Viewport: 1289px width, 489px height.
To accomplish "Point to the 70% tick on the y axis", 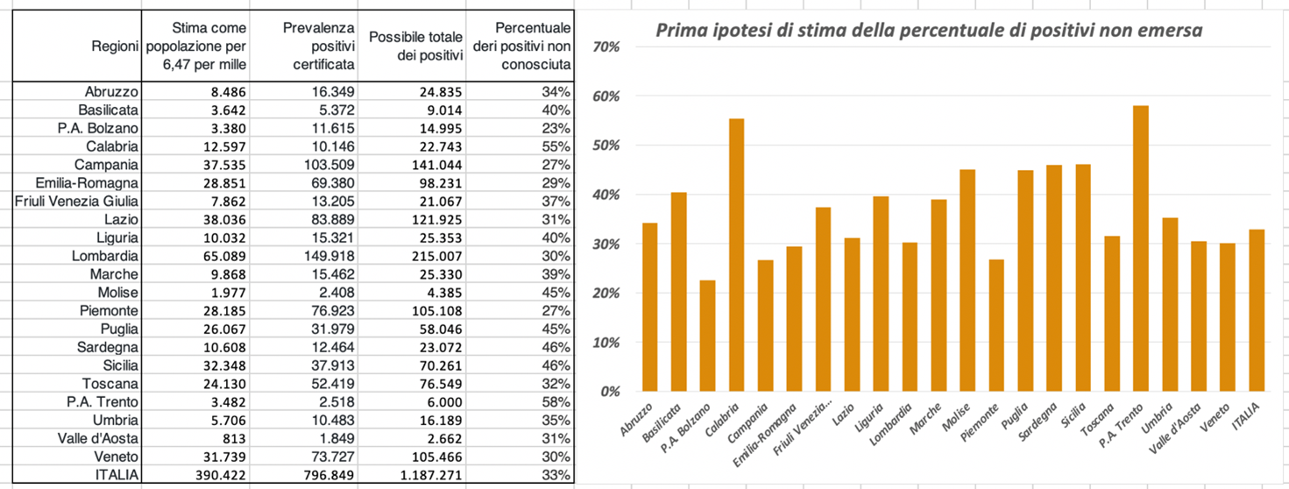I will coord(606,46).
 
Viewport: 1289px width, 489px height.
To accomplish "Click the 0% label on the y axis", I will coord(610,391).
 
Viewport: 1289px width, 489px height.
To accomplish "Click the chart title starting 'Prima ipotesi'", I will coord(929,31).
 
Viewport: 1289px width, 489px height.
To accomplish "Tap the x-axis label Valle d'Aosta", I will coord(1188,423).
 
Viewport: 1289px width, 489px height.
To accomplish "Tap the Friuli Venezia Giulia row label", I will coord(77,202).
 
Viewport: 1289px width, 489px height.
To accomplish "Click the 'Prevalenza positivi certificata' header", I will coord(319,46).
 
